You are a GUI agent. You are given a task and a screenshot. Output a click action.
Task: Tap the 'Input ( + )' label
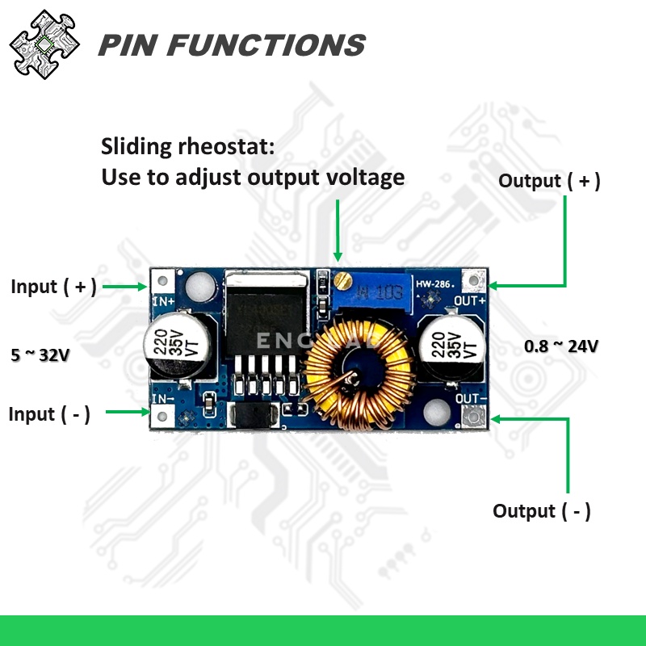tap(53, 287)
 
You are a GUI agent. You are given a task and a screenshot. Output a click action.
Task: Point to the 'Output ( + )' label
tap(549, 181)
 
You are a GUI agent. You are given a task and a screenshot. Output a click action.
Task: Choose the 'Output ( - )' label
tap(542, 511)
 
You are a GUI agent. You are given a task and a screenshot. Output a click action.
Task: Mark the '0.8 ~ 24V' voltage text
tap(561, 346)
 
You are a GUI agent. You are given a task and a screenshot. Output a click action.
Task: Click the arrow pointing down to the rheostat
tap(339, 234)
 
